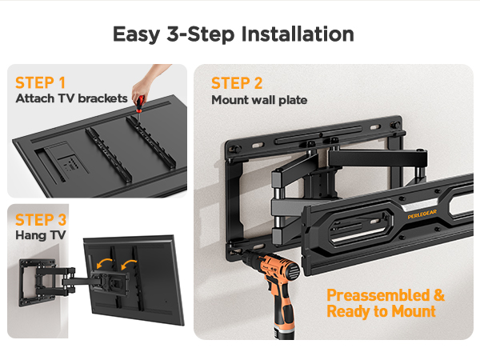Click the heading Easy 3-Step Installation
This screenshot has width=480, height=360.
(233, 34)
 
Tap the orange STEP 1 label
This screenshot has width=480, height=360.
(40, 82)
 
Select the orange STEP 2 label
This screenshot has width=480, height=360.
(237, 83)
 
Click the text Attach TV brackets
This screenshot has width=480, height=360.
(71, 98)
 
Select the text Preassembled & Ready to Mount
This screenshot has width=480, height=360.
(386, 303)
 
